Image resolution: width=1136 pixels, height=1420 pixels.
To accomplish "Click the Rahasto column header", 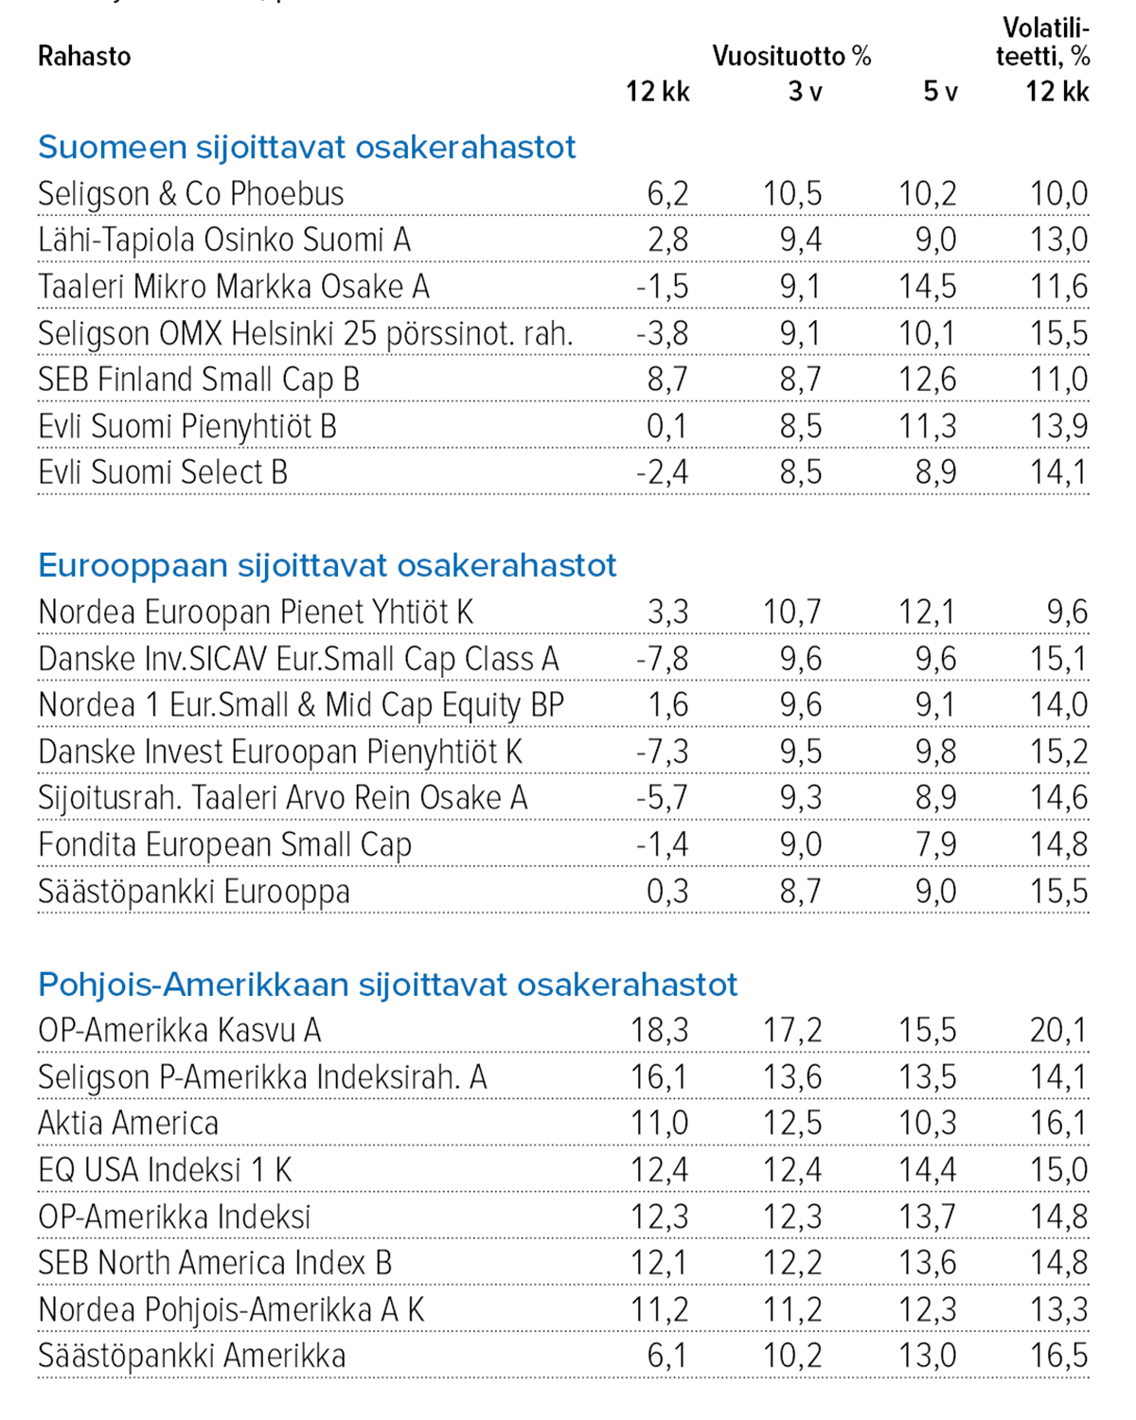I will point(84,57).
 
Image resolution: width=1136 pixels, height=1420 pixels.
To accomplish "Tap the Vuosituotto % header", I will point(791,57).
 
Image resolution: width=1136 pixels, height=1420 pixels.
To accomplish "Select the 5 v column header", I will point(940,92).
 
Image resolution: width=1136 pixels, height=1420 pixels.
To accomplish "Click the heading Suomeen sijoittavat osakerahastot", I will point(307,148).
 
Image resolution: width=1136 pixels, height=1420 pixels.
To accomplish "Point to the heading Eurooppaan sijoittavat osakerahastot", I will point(327,566).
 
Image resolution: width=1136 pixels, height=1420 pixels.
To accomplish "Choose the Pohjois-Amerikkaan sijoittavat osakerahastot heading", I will point(387,985).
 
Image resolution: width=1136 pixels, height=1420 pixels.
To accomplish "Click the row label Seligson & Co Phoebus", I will point(190,194).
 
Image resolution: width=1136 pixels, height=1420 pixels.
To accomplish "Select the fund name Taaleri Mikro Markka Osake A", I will point(233,287).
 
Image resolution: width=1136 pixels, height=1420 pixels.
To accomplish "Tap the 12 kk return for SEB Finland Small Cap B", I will point(667,380).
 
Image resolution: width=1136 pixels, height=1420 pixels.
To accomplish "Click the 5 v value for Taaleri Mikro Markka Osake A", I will point(928,287).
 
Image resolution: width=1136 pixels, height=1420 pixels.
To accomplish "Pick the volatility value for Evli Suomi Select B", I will point(1058,472).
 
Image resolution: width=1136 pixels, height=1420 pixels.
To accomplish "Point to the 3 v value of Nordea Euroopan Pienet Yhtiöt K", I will point(792,612).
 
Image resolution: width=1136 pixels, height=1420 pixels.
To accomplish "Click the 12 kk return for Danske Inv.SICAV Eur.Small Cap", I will point(663,659).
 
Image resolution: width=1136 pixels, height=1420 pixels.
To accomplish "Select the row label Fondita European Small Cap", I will point(224,844).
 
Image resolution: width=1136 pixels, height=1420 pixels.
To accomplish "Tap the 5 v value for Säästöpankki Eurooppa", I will point(935,892).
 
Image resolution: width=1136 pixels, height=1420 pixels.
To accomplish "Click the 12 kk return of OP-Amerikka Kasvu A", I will point(660,1030).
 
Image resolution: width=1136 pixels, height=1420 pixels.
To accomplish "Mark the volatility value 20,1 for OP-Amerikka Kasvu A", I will point(1058,1030).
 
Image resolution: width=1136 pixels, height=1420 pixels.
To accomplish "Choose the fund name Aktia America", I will point(128,1124).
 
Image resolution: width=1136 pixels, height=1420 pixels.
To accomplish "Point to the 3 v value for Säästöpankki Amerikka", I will point(792,1356).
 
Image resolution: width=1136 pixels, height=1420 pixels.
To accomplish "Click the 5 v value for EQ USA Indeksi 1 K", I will point(928,1170).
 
